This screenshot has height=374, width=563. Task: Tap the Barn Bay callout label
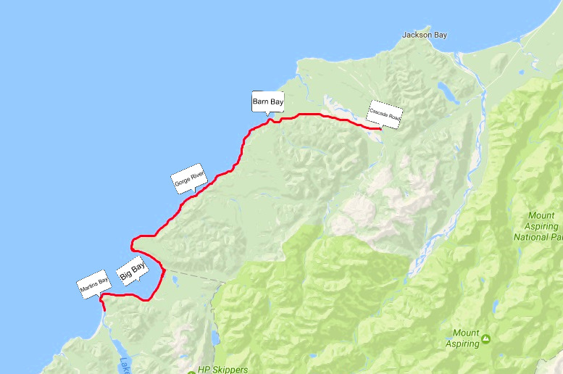(267, 101)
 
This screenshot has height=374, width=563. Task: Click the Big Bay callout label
(132, 272)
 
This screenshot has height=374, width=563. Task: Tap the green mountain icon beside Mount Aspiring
(485, 338)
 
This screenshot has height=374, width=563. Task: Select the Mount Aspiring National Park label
(537, 226)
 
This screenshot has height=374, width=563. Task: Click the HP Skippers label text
(223, 370)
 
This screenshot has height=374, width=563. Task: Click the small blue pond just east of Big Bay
(174, 278)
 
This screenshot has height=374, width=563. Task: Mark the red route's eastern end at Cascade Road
(380, 128)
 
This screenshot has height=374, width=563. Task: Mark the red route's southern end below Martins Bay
(105, 310)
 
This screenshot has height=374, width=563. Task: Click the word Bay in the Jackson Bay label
(440, 34)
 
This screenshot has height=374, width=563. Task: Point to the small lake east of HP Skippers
(214, 338)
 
